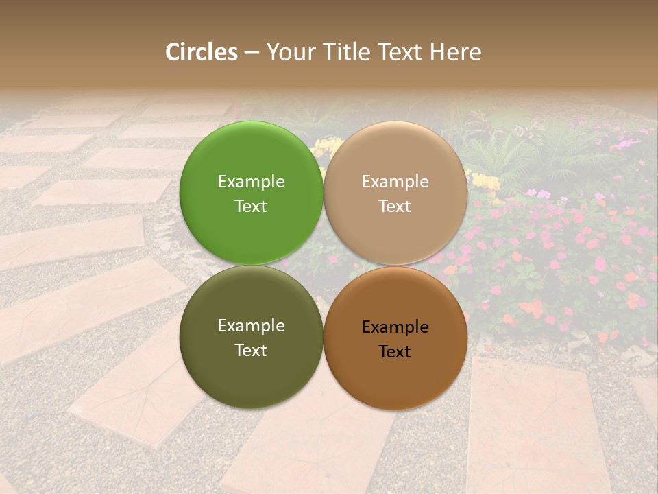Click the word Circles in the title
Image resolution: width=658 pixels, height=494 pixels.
[x=201, y=52]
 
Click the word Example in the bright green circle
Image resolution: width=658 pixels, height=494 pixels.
[x=251, y=182]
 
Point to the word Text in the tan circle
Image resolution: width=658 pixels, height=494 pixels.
[x=395, y=207]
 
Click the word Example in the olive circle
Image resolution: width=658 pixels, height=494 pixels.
[x=251, y=326]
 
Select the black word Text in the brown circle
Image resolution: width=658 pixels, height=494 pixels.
[x=395, y=352]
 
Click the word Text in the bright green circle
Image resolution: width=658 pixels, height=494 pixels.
[x=251, y=207]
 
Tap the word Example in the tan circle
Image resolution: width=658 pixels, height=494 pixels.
[x=395, y=182]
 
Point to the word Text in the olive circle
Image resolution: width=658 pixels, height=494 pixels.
[x=251, y=351]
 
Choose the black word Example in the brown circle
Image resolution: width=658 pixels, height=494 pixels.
[x=395, y=327]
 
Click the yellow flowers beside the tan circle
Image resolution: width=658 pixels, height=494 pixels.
[x=486, y=182]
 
